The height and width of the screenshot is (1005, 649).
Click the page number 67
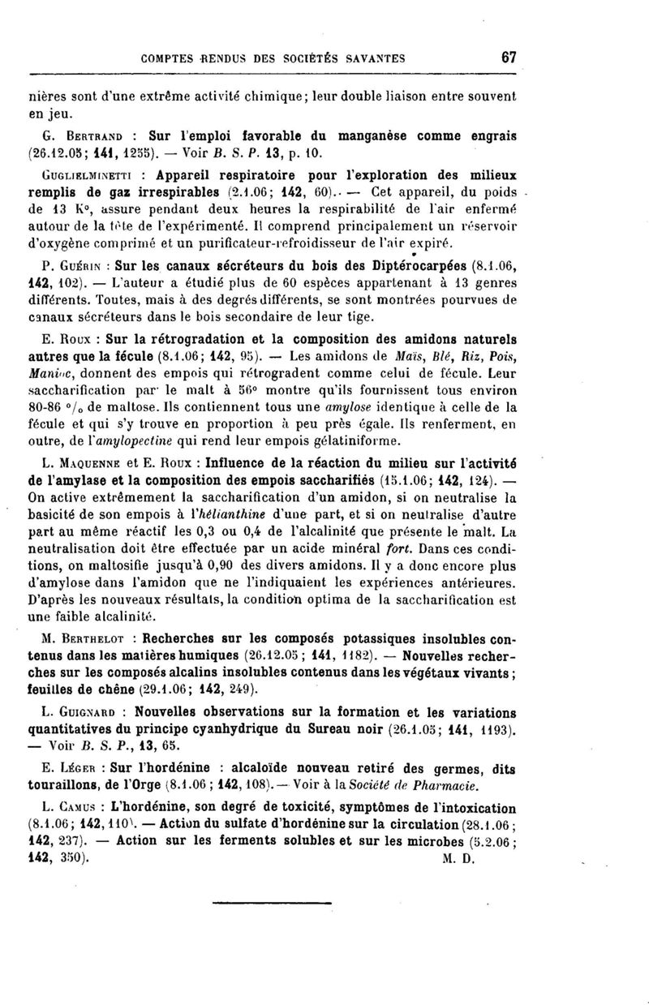(509, 58)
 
